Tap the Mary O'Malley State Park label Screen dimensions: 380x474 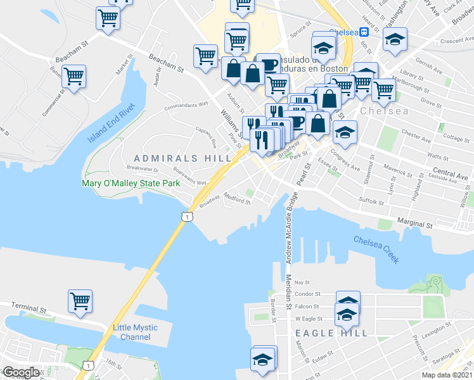point(131,184)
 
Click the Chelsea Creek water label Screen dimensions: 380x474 point(376,249)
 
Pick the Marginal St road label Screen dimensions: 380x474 point(414,224)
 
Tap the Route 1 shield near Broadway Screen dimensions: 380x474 point(186,217)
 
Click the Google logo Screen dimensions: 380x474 point(21,372)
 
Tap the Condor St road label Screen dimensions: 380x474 point(309,294)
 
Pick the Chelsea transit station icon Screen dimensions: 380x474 point(365,32)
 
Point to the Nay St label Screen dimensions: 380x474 point(306,282)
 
